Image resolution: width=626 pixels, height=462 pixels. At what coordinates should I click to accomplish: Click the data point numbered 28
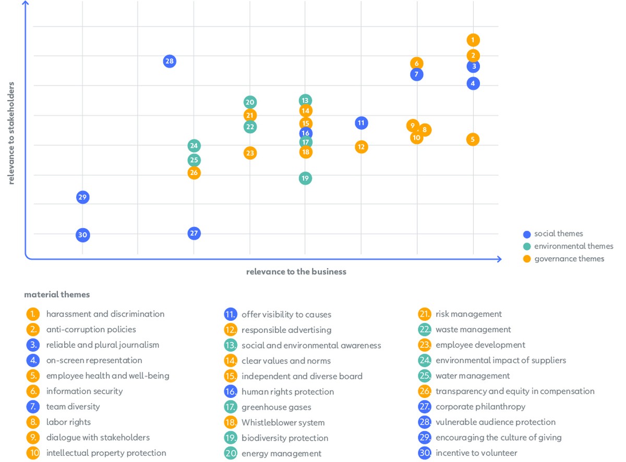click(x=169, y=61)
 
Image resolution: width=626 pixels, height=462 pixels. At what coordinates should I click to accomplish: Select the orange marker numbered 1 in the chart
click(x=473, y=40)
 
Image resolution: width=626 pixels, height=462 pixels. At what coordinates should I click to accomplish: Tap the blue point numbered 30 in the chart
click(x=82, y=235)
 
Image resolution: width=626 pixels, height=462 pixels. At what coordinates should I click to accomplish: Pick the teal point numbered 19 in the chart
click(x=305, y=178)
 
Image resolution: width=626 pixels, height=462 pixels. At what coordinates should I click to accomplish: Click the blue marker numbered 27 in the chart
click(x=194, y=233)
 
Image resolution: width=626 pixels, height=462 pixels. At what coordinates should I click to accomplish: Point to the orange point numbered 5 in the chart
click(x=473, y=139)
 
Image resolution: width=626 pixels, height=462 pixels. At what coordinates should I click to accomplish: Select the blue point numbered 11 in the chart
click(x=361, y=123)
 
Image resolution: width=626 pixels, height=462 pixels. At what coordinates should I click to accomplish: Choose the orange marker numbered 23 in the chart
click(x=250, y=153)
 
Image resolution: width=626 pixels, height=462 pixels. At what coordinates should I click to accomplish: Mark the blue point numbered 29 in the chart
click(x=82, y=197)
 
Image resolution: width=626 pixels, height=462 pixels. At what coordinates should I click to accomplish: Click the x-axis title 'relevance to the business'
click(x=296, y=271)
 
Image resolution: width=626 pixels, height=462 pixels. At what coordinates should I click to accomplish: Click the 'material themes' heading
click(x=57, y=295)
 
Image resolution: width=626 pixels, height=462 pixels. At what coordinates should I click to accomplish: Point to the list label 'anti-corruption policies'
click(x=91, y=330)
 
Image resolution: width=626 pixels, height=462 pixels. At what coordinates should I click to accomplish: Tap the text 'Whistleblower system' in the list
click(x=283, y=422)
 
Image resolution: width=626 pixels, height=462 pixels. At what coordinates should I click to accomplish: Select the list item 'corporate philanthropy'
click(x=480, y=407)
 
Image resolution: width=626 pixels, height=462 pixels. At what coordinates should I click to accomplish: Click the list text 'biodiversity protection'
click(x=285, y=438)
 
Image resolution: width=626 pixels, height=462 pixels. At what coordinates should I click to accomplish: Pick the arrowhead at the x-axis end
click(x=499, y=259)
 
